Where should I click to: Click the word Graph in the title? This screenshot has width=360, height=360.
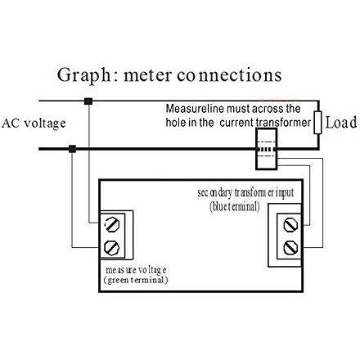tap(84, 75)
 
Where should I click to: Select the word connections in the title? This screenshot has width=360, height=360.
tap(229, 75)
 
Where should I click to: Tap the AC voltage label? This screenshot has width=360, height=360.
tap(34, 124)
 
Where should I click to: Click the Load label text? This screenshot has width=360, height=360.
tap(341, 123)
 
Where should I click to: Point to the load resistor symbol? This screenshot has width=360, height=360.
tap(317, 123)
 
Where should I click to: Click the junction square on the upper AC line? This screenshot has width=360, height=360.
tap(88, 101)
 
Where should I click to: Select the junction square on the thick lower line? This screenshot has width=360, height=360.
tap(72, 149)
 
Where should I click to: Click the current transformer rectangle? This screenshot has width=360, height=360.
tap(267, 149)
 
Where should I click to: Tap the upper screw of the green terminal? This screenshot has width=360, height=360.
tap(112, 224)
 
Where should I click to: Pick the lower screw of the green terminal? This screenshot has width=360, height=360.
tap(112, 248)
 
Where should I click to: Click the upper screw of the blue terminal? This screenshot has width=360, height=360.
tap(290, 225)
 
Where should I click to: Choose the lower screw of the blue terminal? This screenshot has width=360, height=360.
tap(290, 248)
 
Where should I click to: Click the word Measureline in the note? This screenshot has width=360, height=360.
tap(195, 109)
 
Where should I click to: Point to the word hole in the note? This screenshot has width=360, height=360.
tap(176, 122)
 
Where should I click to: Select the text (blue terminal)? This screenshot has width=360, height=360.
tap(235, 206)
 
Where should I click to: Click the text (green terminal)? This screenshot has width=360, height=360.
tap(136, 280)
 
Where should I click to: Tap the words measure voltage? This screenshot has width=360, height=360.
tap(136, 270)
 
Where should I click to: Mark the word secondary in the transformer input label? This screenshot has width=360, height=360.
tap(215, 193)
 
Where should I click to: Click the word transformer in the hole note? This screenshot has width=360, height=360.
tap(283, 122)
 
